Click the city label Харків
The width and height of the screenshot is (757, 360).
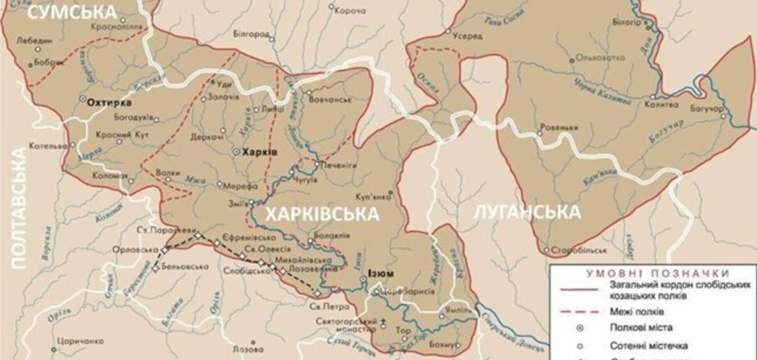coord(260,152)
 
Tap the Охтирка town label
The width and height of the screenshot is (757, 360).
coord(109,103)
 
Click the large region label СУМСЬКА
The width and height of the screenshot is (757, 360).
coord(72,12)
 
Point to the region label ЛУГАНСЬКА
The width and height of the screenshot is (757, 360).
coord(527,212)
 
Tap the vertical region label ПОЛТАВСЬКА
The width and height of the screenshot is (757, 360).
coord(18,208)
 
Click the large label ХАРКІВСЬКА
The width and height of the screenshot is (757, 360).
coord(322,214)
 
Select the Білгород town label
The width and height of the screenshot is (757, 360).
coord(251,34)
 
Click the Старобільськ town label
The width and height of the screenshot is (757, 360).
coord(579,250)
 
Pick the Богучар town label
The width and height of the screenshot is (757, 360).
coord(707,108)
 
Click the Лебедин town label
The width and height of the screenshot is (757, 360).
coord(35,41)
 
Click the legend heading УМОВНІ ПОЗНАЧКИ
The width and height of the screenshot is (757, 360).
coord(658,273)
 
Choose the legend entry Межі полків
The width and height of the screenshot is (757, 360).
coord(637,312)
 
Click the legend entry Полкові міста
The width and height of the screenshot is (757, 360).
coord(641,327)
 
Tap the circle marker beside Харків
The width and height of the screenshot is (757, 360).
coord(236,152)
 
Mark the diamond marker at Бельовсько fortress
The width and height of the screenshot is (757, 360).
coord(156,268)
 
